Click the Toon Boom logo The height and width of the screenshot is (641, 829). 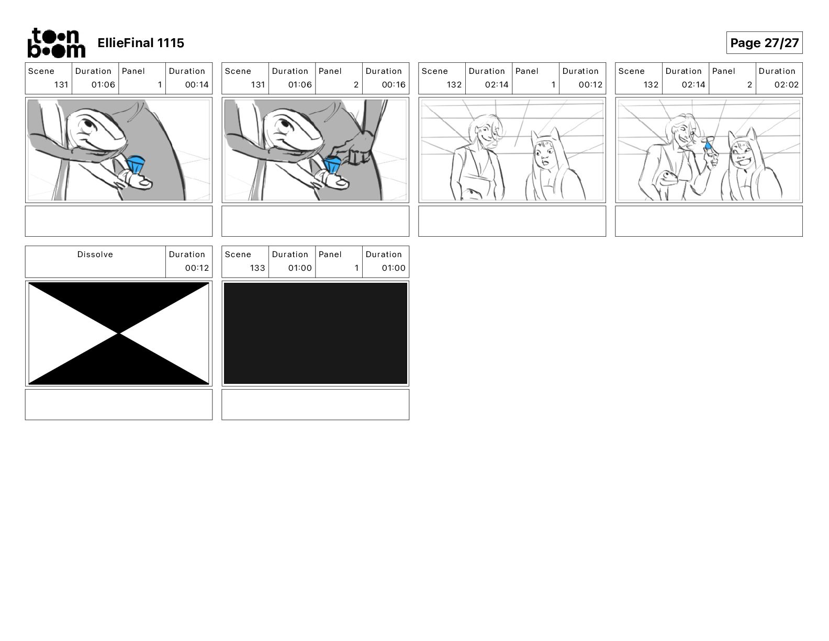tap(56, 43)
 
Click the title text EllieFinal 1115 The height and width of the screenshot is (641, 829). tap(141, 43)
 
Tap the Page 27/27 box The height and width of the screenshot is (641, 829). tap(764, 43)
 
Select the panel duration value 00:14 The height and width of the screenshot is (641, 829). tap(197, 85)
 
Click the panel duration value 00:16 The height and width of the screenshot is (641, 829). tap(394, 85)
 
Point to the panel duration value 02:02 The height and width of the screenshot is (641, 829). tap(787, 85)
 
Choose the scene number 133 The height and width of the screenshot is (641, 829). tap(257, 268)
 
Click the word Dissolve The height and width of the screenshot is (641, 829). tap(95, 255)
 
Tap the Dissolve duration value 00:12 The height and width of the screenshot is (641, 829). tap(197, 268)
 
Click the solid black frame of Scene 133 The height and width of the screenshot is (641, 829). tap(316, 333)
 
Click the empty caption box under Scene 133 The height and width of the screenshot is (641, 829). tap(316, 404)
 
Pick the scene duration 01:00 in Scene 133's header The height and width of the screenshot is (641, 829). tap(300, 268)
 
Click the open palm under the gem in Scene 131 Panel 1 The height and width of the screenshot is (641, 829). tap(138, 183)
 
